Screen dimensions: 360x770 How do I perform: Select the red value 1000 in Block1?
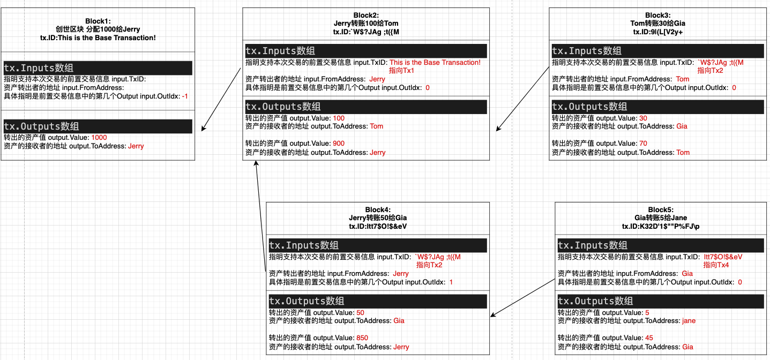99,138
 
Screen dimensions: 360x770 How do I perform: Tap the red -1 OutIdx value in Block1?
185,96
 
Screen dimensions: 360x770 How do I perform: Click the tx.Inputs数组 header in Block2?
280,51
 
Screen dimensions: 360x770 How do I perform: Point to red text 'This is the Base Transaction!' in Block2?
435,63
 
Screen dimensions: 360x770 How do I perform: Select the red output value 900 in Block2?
339,144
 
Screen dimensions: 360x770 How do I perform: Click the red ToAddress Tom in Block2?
377,126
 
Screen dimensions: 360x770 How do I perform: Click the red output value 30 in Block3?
644,118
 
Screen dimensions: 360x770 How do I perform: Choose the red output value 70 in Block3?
644,144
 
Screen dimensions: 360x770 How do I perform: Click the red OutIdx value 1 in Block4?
451,282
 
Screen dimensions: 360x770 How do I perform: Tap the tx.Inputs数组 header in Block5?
593,245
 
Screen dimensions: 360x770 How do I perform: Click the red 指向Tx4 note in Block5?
716,265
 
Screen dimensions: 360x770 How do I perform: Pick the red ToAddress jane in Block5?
689,321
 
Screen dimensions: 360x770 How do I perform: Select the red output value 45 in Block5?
649,338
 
